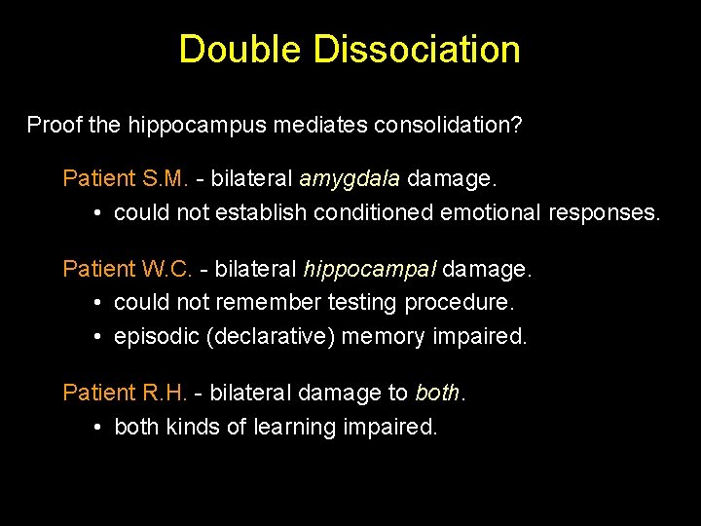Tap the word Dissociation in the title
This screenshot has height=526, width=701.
[417, 50]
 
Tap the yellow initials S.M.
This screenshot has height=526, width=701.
[166, 178]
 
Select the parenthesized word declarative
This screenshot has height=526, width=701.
[265, 337]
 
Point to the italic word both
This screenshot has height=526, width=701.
[437, 392]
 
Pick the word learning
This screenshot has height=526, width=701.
[295, 427]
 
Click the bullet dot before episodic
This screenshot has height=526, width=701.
[100, 337]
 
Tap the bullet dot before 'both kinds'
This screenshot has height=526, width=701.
[100, 427]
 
